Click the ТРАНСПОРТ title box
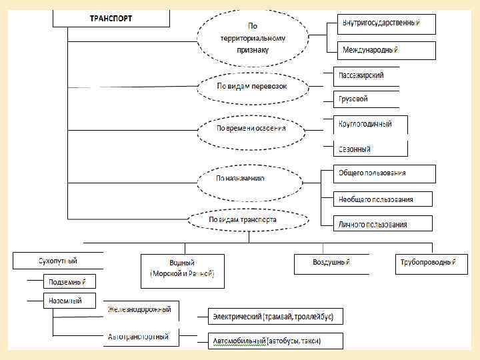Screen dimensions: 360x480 pyautogui.click(x=111, y=18)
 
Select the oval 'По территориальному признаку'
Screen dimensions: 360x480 pyautogui.click(x=252, y=38)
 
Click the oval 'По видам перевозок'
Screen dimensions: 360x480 pyautogui.click(x=252, y=87)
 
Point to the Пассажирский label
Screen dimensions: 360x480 pyautogui.click(x=361, y=75)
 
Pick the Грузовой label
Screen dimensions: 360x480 pyautogui.click(x=353, y=99)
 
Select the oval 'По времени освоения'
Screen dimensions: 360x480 pyautogui.click(x=252, y=128)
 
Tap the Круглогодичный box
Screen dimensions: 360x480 pyautogui.click(x=365, y=124)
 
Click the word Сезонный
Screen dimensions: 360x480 pyautogui.click(x=355, y=149)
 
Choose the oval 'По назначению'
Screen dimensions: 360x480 pyautogui.click(x=249, y=179)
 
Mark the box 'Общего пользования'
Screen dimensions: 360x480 pyautogui.click(x=377, y=173)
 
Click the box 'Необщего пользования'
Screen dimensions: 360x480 pyautogui.click(x=376, y=199)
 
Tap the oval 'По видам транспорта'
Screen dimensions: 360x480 pyautogui.click(x=249, y=219)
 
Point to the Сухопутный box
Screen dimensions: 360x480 pyautogui.click(x=58, y=261)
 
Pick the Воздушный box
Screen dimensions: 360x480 pyautogui.click(x=331, y=263)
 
